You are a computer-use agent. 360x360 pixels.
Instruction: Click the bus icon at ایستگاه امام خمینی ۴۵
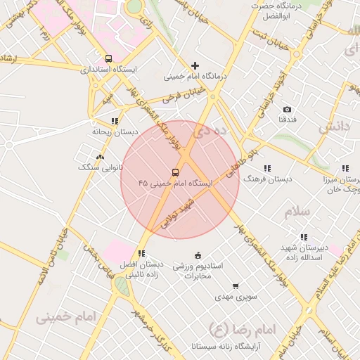tap(174, 172)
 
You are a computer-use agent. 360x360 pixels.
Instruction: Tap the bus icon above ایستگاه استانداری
tap(108, 58)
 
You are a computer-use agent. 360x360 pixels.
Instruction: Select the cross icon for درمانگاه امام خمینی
tap(195, 65)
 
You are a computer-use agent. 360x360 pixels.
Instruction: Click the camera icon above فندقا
tap(287, 109)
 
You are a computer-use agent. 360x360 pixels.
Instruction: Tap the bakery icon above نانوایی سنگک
tap(100, 157)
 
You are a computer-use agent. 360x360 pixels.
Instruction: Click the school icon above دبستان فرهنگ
tap(266, 168)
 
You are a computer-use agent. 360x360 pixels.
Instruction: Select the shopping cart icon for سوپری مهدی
tap(235, 286)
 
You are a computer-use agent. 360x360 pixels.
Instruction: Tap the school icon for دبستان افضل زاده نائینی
tap(141, 253)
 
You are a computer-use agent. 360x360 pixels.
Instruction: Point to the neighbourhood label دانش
tap(334, 127)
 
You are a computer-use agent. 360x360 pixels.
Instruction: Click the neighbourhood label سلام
tap(297, 212)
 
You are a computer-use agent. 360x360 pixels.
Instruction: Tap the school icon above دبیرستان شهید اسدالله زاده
tap(303, 238)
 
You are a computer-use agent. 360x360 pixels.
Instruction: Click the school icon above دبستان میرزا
tap(345, 168)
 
